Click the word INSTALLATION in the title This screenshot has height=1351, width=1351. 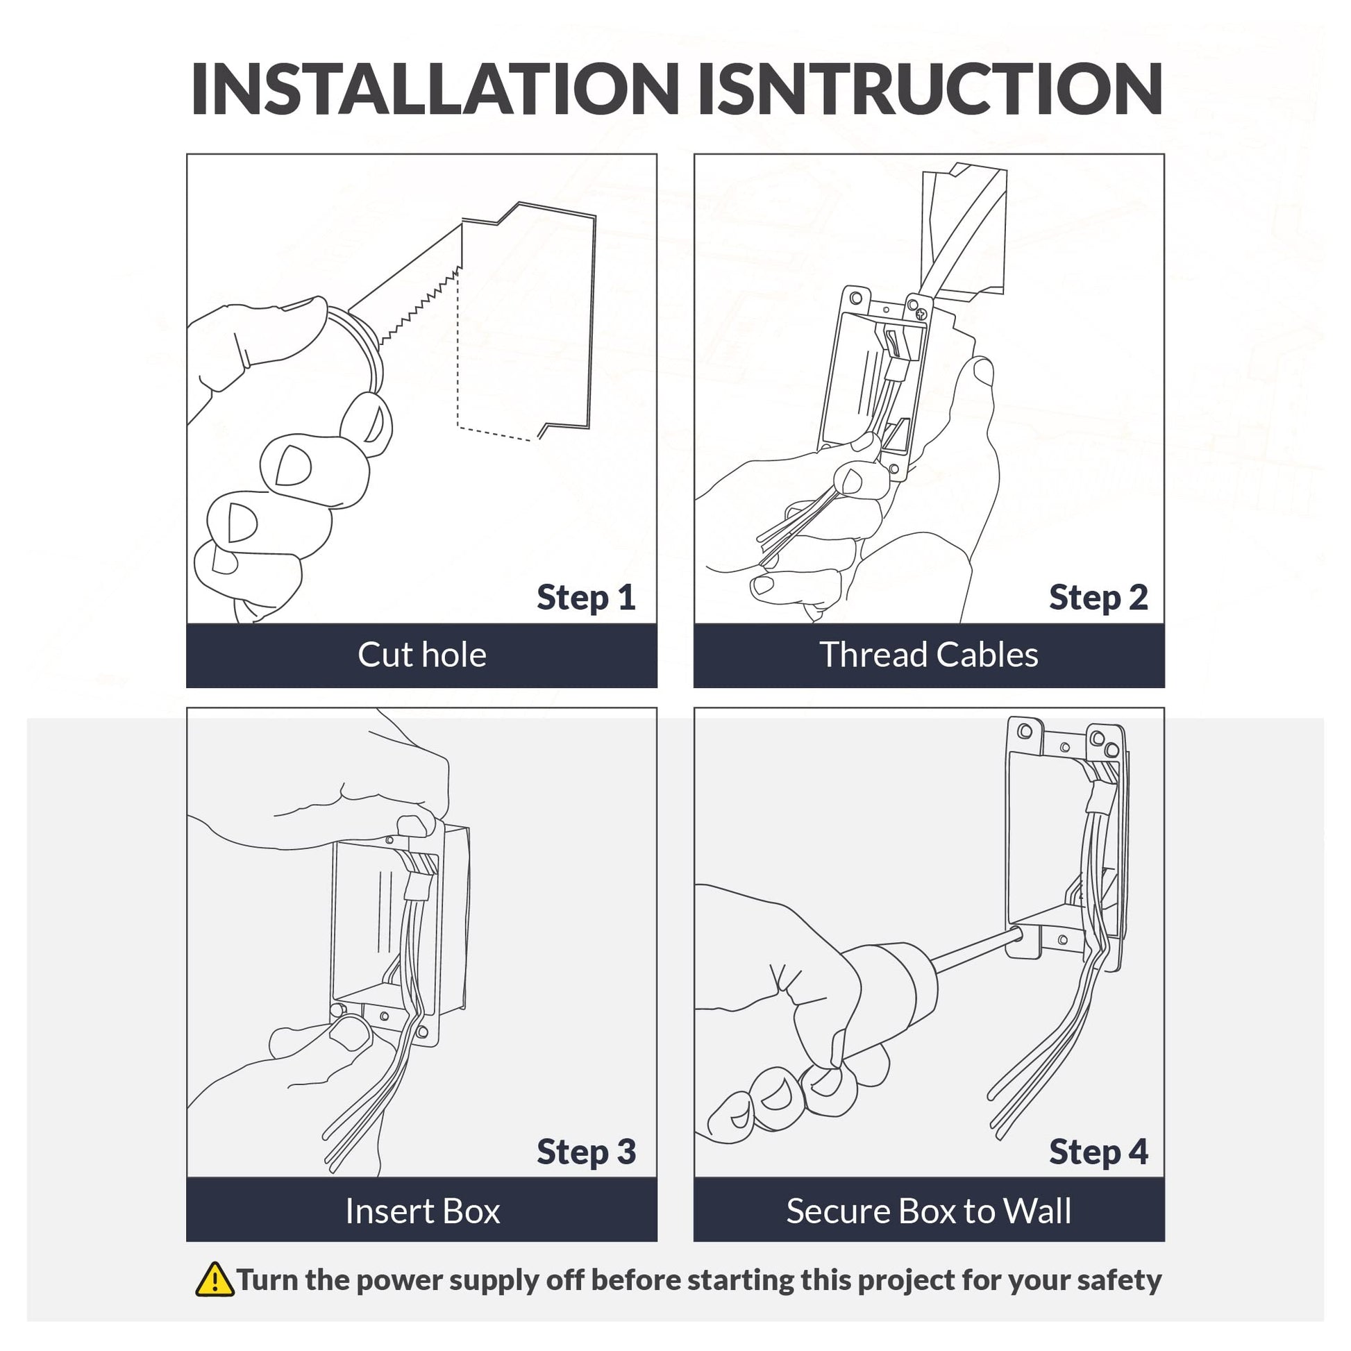pyautogui.click(x=435, y=89)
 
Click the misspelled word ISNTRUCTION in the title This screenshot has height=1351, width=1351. pyautogui.click(x=930, y=89)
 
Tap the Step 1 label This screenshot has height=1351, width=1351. pyautogui.click(x=586, y=598)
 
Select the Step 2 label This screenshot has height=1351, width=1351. pyautogui.click(x=1098, y=598)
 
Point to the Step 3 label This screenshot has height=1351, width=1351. pyautogui.click(x=586, y=1152)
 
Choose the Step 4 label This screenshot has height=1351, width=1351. pyautogui.click(x=1098, y=1152)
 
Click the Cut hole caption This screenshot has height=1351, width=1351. pyautogui.click(x=421, y=655)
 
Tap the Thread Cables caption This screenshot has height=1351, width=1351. pyautogui.click(x=929, y=655)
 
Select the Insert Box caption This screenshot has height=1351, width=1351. pyautogui.click(x=422, y=1211)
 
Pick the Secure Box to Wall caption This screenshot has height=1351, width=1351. pyautogui.click(x=929, y=1211)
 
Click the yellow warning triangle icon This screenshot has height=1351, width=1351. pyautogui.click(x=215, y=1279)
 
